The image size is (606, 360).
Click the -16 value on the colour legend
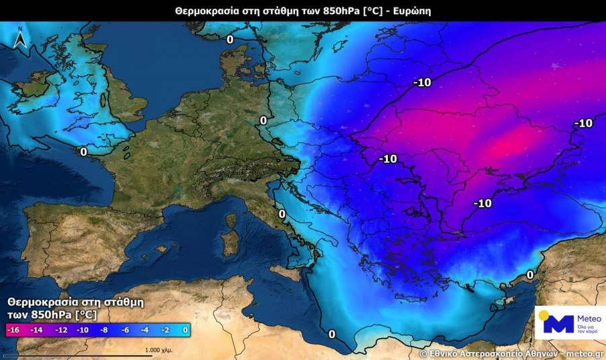pyautogui.click(x=13, y=330)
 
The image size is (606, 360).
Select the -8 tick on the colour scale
pyautogui.click(x=104, y=330)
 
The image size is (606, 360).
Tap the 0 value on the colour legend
pyautogui.click(x=184, y=330)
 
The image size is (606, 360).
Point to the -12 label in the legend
pyautogui.click(x=61, y=330)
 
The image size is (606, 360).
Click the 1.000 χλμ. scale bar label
pyautogui.click(x=159, y=351)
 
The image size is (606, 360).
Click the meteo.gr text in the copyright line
pyautogui.click(x=584, y=353)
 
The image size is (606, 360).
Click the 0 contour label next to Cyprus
pyautogui.click(x=530, y=275)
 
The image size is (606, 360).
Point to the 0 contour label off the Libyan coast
pyautogui.click(x=331, y=334)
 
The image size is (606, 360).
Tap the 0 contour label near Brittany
pyautogui.click(x=83, y=151)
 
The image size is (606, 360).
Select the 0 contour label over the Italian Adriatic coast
pyautogui.click(x=281, y=214)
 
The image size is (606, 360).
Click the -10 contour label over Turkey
pyautogui.click(x=483, y=203)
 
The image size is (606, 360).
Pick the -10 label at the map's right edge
pyautogui.click(x=582, y=122)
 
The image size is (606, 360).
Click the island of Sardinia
pyautogui.click(x=230, y=242)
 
